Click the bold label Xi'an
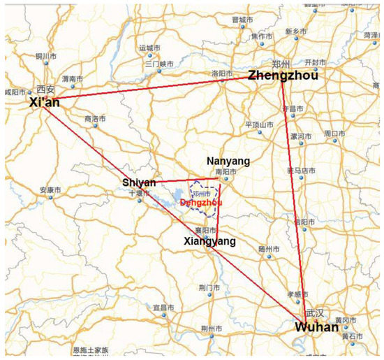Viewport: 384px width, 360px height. (45, 102)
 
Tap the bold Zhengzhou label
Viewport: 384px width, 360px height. (283, 76)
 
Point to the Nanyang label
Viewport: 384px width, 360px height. (228, 161)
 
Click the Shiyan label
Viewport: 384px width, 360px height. (139, 182)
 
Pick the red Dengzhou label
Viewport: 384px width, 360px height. (200, 202)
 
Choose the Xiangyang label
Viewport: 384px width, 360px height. (209, 241)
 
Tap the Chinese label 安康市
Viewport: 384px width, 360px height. (50, 190)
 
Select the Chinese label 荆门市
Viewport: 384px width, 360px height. (210, 287)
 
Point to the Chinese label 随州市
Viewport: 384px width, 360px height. (268, 248)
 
